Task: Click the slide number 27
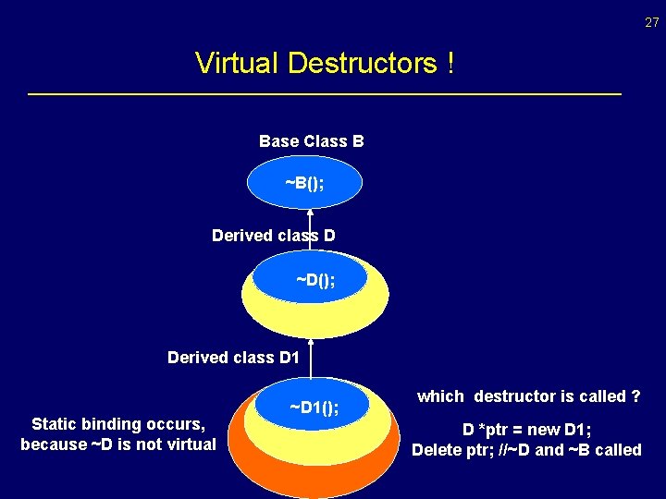[651, 22]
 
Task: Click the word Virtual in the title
[238, 64]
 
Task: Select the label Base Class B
[312, 141]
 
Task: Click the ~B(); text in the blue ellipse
[304, 183]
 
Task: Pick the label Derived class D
[273, 236]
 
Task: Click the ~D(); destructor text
[315, 278]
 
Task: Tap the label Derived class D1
[234, 357]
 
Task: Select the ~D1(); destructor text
[314, 408]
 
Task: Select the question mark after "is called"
[635, 396]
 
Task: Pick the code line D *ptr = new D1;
[526, 430]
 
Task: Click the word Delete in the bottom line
[438, 450]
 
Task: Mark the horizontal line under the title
[324, 94]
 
